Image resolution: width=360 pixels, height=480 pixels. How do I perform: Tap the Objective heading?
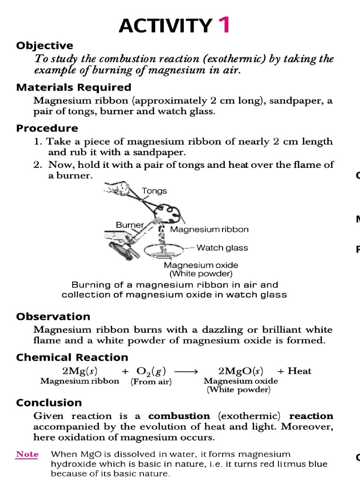(x=45, y=45)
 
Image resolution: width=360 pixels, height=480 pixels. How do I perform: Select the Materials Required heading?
(x=74, y=87)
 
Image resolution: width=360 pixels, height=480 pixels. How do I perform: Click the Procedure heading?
(x=47, y=128)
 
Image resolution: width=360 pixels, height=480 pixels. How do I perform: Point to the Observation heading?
(x=53, y=316)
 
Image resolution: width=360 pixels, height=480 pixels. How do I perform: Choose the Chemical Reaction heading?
(x=72, y=358)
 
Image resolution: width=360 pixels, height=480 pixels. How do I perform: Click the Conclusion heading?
(x=49, y=403)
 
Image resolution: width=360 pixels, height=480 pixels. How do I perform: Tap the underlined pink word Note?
(x=27, y=454)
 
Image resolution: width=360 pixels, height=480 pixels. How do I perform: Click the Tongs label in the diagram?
(x=154, y=191)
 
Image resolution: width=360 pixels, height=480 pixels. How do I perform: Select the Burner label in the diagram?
(x=129, y=225)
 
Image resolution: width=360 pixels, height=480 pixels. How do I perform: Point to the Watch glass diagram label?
(x=222, y=247)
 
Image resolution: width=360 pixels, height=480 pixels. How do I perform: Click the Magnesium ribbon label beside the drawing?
(x=209, y=229)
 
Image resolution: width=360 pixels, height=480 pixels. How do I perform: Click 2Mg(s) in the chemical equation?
(x=80, y=371)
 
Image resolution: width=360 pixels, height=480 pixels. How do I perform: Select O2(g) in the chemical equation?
(x=151, y=371)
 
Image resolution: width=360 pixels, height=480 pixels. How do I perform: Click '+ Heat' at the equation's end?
(x=294, y=371)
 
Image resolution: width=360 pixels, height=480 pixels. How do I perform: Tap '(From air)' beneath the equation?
(x=151, y=382)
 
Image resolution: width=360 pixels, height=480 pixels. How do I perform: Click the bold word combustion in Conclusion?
(x=179, y=416)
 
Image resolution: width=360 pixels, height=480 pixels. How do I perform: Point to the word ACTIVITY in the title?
(x=165, y=26)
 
